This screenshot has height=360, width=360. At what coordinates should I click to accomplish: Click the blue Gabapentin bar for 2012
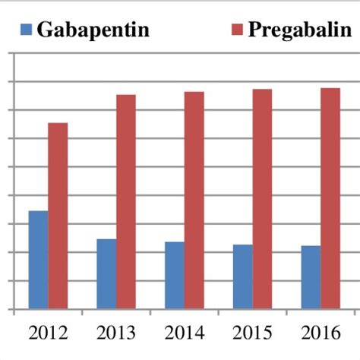click(38, 260)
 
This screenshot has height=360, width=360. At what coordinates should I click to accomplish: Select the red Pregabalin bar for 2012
click(58, 216)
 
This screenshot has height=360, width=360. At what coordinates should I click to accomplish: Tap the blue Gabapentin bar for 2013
click(106, 274)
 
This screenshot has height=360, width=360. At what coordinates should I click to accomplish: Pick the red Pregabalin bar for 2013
click(126, 202)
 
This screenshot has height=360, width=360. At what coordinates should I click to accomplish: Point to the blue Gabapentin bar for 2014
click(175, 276)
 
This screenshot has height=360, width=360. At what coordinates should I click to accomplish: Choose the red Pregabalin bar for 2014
click(194, 201)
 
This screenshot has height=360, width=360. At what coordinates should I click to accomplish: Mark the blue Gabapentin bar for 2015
click(243, 276)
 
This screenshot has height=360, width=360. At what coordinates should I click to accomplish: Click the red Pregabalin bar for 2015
click(263, 199)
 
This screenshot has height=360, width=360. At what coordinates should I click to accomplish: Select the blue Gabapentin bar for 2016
click(311, 277)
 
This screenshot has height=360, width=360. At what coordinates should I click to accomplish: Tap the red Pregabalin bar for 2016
click(330, 199)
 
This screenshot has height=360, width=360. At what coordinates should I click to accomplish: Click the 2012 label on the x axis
click(48, 334)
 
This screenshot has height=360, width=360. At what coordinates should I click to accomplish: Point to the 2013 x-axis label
click(116, 334)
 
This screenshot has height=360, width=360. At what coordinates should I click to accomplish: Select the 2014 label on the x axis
click(185, 334)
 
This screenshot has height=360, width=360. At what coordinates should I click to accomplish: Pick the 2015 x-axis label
click(253, 334)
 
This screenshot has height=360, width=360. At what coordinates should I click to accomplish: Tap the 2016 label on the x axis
click(321, 334)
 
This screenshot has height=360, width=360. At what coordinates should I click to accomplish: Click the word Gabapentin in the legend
click(93, 30)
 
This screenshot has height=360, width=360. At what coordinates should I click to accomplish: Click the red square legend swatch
click(235, 30)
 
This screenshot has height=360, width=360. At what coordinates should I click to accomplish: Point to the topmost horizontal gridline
click(182, 53)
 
